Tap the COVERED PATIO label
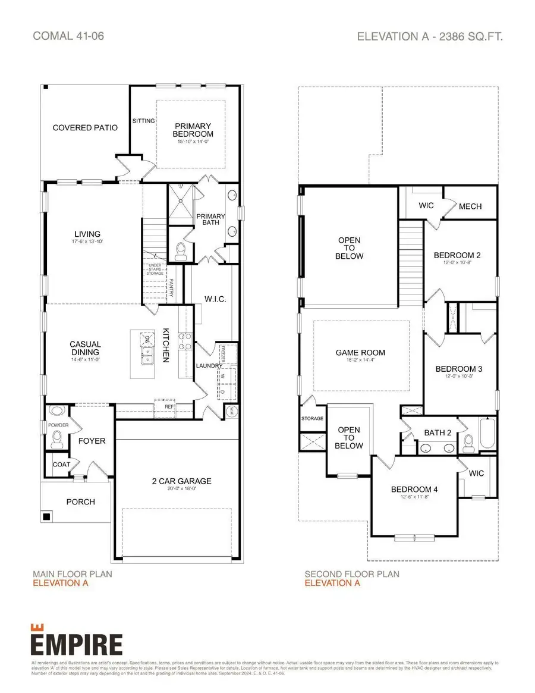[x=85, y=128]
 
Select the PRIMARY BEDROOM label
[x=193, y=130]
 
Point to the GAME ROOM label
[x=360, y=353]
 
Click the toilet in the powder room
[x=57, y=439]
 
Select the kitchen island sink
[x=145, y=356]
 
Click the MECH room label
[x=470, y=206]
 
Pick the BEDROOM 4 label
[x=414, y=490]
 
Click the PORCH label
[x=80, y=501]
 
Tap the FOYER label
[x=92, y=441]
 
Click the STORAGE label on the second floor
[x=312, y=419]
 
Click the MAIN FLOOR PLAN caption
[x=72, y=574]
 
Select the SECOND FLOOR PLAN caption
[x=352, y=574]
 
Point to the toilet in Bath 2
[x=468, y=441]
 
